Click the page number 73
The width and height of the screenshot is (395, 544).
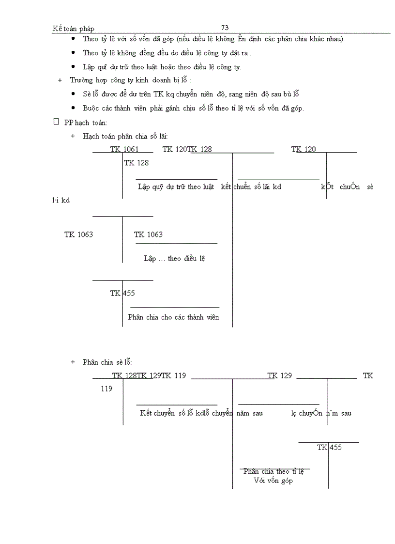tap(225, 28)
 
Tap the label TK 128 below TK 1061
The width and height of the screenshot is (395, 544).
tap(137, 163)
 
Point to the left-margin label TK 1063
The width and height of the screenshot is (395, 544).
tap(78, 234)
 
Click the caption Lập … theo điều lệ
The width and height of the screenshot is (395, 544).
tap(175, 259)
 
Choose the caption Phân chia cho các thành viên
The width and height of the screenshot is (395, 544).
tap(173, 317)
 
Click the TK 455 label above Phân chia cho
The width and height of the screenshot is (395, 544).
tap(122, 293)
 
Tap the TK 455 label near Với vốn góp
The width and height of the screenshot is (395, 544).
tap(330, 448)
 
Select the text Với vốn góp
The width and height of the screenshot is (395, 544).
tap(273, 481)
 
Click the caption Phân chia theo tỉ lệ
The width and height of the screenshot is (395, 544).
tap(273, 471)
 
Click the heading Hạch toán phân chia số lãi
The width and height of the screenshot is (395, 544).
tap(125, 137)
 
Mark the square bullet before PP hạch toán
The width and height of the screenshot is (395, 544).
tap(56, 122)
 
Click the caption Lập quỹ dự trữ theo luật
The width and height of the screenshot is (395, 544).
tap(176, 187)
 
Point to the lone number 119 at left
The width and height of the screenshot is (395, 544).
tap(106, 389)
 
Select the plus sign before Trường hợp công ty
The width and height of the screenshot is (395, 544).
tap(60, 80)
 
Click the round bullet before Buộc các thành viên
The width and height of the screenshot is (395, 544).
tap(73, 108)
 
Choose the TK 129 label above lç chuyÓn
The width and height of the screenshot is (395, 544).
tap(280, 376)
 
